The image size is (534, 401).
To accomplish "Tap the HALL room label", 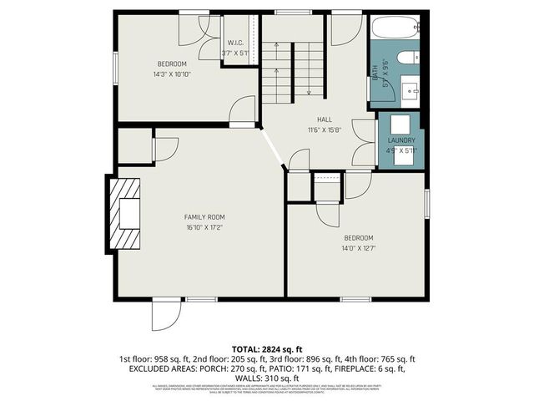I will click(x=325, y=119).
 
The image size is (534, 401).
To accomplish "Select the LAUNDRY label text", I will click(x=401, y=140).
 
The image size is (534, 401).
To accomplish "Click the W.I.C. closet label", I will click(x=235, y=43).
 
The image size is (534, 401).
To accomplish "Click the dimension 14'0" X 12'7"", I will click(x=360, y=246).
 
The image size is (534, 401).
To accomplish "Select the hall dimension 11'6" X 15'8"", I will click(x=325, y=129).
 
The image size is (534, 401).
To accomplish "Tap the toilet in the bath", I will click(x=408, y=58).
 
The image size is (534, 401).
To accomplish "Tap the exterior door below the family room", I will click(x=165, y=316).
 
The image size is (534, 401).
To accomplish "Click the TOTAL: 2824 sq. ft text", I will click(x=266, y=348).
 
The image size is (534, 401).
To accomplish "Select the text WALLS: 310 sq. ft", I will click(x=266, y=378).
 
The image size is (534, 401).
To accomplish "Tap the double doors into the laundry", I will click(x=364, y=142).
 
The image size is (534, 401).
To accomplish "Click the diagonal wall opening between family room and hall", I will click(x=273, y=150).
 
